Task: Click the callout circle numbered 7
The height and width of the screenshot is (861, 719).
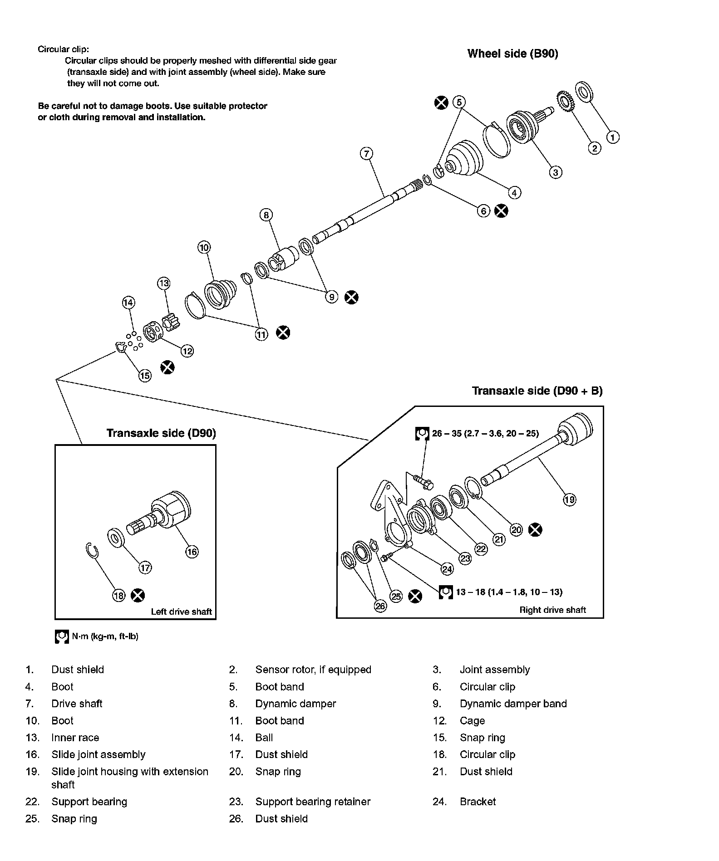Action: coord(366,153)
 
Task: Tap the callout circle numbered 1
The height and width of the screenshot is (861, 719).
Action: coord(613,137)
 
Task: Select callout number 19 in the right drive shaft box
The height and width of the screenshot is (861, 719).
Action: coord(569,499)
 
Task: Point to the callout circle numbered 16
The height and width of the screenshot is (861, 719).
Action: coord(192,552)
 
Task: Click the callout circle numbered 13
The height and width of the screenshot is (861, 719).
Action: coord(163,284)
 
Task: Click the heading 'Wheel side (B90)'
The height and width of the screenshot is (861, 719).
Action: coord(512,54)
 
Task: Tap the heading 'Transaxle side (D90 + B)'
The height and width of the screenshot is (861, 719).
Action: coord(537,391)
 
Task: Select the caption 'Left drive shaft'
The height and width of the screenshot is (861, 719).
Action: coord(181,612)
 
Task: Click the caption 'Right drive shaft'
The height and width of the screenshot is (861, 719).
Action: coord(552,610)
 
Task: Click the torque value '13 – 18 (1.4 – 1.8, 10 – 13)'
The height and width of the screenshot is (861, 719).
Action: coord(509,592)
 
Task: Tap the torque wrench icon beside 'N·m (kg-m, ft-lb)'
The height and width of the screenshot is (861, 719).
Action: coord(61,636)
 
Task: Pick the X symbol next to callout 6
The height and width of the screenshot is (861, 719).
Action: coord(501,210)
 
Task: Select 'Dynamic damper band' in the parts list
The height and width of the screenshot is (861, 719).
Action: coord(513,704)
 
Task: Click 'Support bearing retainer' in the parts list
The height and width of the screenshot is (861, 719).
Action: coord(313,802)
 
